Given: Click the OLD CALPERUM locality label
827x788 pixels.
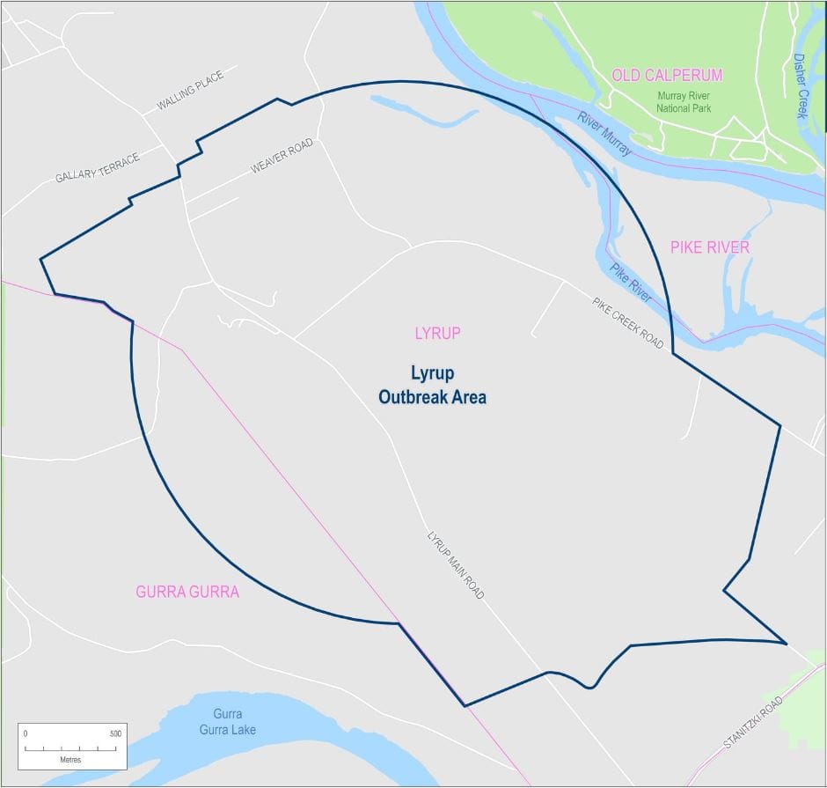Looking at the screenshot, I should (x=667, y=76).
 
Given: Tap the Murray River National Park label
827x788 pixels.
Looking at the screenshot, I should (x=684, y=101).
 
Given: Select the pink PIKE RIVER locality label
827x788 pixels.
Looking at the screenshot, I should (x=710, y=247).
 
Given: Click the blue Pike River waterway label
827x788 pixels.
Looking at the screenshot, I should (x=632, y=283).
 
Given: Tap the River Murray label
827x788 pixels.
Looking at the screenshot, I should (x=604, y=135).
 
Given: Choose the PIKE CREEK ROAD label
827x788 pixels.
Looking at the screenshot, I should (x=627, y=323).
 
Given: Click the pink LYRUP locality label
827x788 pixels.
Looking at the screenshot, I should (x=437, y=334).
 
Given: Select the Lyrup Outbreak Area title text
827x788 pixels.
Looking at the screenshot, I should (x=432, y=385).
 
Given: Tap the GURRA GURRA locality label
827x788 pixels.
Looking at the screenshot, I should (x=187, y=592).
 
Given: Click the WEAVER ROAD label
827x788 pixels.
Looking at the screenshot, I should (x=282, y=155).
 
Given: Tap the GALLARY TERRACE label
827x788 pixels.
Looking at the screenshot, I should (x=97, y=167).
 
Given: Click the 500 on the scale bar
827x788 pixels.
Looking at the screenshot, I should (x=114, y=733).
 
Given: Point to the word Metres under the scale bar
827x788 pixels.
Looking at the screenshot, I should (x=70, y=759).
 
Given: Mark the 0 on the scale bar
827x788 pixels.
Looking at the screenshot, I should (x=26, y=733).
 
